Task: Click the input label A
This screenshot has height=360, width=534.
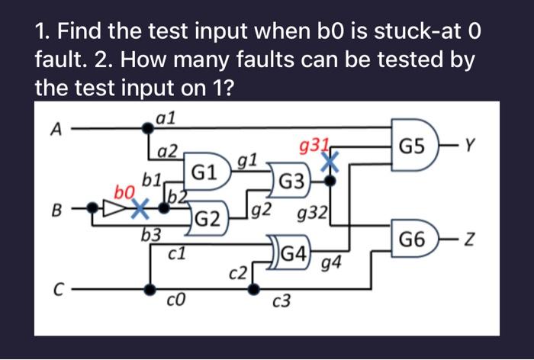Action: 54,130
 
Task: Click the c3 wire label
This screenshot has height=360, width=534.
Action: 281,303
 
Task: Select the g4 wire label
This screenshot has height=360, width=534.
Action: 331,265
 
